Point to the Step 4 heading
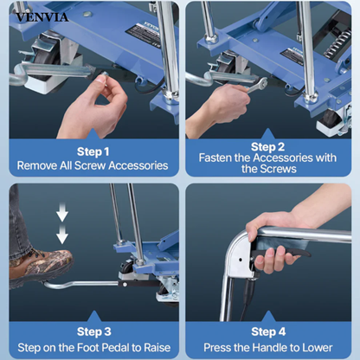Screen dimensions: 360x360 269,331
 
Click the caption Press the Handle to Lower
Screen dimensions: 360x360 269,345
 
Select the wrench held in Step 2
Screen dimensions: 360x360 251,84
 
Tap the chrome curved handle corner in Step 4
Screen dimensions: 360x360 237,255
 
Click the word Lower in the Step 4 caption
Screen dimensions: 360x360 325,345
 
